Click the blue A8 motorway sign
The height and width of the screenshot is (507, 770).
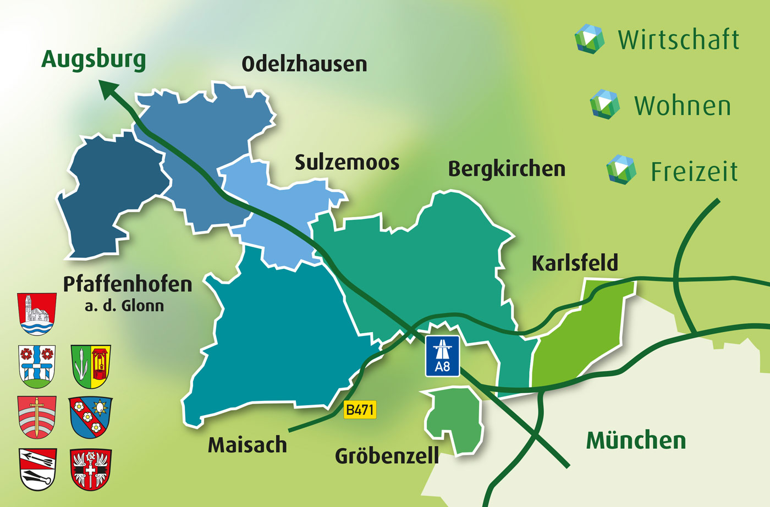click(442, 356)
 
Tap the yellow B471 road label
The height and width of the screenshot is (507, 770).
click(360, 410)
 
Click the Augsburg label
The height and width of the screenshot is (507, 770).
click(94, 59)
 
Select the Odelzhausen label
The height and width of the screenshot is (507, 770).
click(304, 64)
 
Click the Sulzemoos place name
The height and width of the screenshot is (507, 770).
click(346, 163)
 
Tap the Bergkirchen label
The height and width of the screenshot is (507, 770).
click(507, 169)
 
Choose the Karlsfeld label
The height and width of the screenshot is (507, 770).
click(575, 263)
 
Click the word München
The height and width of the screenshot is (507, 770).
click(636, 440)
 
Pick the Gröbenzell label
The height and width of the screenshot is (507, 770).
click(387, 456)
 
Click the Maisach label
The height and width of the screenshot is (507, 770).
click(248, 445)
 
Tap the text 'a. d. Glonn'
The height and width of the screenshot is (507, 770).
click(124, 306)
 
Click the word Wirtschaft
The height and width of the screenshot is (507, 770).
click(679, 40)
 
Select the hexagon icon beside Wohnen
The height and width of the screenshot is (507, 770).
click(604, 104)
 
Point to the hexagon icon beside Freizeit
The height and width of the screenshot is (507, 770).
click(621, 169)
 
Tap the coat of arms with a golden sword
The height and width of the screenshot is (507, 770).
click(37, 417)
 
